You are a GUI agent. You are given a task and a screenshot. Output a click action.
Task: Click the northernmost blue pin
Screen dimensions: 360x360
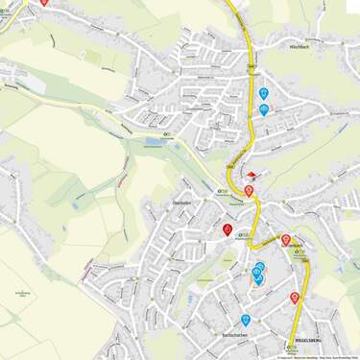coord(263,93)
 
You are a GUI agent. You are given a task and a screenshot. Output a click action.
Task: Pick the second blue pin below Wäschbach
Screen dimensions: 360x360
coord(264,109)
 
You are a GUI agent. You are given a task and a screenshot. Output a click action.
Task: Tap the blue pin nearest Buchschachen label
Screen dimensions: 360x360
coord(247,320)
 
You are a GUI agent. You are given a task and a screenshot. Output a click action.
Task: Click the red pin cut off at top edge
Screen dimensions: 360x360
coord(44,3)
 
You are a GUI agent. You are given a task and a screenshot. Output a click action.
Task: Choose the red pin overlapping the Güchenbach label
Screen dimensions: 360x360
coord(285,240)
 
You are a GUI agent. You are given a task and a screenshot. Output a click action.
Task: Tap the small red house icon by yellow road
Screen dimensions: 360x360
coord(252,176)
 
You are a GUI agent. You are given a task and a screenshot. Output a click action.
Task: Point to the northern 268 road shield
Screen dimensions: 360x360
coord(252,66)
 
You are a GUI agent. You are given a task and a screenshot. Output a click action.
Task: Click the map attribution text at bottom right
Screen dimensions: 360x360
coord(318,357)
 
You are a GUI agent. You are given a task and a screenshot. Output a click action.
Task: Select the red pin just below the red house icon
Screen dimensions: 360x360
coord(249,190)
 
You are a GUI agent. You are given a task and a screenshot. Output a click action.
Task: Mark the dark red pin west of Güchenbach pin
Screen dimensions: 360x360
coord(228,229)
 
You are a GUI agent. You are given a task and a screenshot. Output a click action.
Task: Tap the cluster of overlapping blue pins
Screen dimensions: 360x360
coord(258,274)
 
